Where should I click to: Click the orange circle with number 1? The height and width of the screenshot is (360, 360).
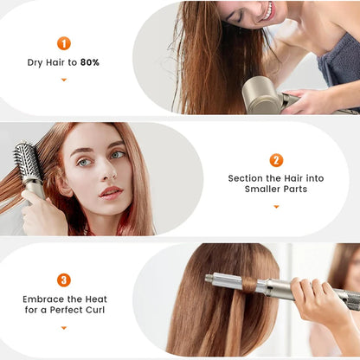[x=63, y=43]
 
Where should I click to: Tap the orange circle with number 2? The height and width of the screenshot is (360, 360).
[x=276, y=160]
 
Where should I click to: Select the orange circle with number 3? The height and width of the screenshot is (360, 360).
[x=63, y=280]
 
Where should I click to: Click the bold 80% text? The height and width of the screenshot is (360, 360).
[x=90, y=62]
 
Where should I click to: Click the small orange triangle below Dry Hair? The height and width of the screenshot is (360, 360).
[x=63, y=80]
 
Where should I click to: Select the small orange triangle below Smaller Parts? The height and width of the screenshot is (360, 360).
[x=276, y=206]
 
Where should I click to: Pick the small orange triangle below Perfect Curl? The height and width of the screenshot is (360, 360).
[x=63, y=326]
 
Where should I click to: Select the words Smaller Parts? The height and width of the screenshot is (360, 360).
[x=276, y=190]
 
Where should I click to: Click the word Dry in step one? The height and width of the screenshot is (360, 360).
[x=35, y=62]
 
